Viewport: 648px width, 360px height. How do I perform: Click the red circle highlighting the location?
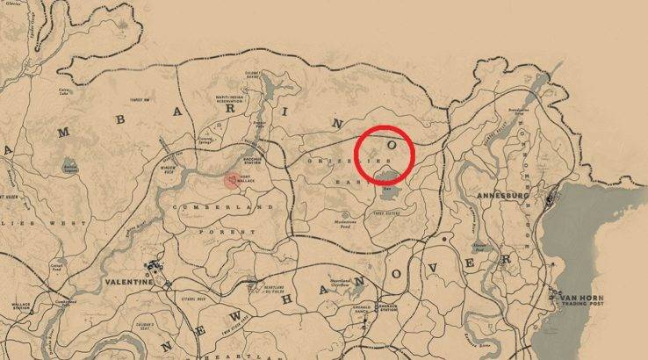click(385, 156)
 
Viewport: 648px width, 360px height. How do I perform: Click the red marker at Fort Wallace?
click(231, 180)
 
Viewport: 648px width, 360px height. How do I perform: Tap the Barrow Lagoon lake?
click(68, 164)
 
